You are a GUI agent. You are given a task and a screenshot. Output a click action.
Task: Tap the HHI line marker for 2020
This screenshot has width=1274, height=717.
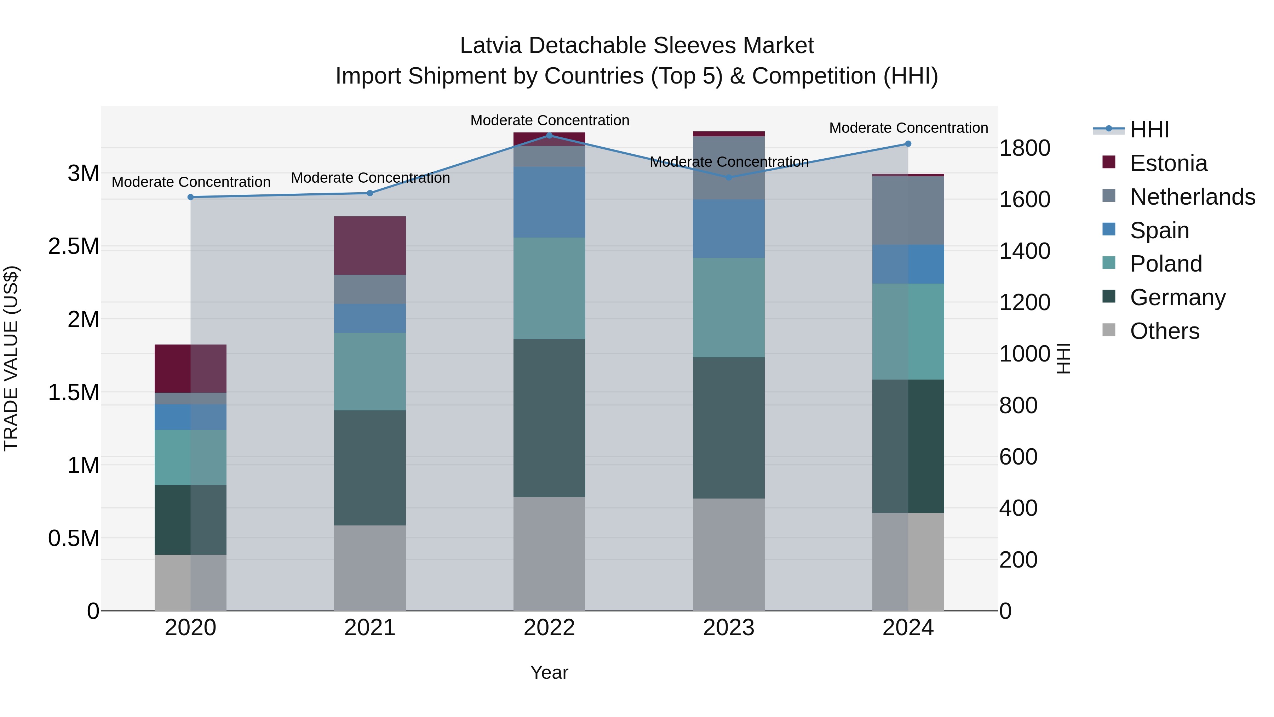(190, 197)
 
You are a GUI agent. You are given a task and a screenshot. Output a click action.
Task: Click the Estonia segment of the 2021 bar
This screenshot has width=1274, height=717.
(370, 245)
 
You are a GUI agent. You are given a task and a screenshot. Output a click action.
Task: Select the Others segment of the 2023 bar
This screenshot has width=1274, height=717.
(729, 554)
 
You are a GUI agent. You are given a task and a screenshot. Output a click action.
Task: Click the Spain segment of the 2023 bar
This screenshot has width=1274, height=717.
(729, 229)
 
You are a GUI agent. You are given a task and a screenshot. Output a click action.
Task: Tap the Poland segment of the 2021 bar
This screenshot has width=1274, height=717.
(370, 372)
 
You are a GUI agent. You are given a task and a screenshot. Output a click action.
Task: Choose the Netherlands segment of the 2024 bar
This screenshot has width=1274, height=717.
(908, 210)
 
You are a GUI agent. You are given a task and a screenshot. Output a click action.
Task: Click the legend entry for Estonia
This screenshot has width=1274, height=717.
(1168, 163)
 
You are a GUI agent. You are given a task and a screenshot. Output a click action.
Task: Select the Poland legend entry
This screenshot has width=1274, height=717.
(1166, 264)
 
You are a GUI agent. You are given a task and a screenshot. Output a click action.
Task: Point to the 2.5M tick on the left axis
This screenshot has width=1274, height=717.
(74, 246)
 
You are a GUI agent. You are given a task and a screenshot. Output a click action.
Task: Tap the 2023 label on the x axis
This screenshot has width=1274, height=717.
(729, 628)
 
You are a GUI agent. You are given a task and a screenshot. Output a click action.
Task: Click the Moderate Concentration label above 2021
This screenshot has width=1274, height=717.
(371, 178)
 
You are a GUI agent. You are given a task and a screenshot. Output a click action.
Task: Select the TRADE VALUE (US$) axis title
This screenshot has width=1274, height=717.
(11, 358)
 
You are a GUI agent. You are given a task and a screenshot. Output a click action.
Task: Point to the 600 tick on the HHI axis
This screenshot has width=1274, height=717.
(1018, 456)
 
